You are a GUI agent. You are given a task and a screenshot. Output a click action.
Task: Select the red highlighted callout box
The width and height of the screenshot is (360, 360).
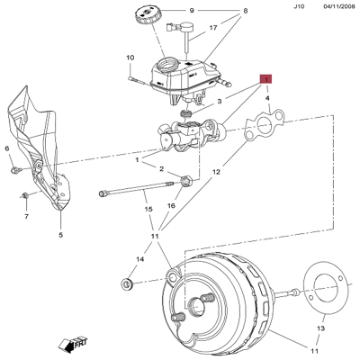265,80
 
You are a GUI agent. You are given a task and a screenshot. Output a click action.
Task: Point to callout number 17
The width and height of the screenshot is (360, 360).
213,28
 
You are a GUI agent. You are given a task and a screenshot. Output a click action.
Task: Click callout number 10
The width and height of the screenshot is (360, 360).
130,59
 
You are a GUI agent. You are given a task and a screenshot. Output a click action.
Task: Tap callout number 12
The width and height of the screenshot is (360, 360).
216,171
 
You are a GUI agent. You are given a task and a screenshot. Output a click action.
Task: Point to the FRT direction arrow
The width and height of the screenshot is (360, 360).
68,342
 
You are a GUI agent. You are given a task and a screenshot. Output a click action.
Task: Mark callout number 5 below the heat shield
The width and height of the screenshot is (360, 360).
61,236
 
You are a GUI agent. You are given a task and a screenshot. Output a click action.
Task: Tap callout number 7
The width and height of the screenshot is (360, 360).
25,217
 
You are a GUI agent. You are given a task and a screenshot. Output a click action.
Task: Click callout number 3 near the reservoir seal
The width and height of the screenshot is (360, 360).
219,103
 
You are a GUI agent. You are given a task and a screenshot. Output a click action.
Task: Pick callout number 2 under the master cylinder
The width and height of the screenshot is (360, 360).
161,169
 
